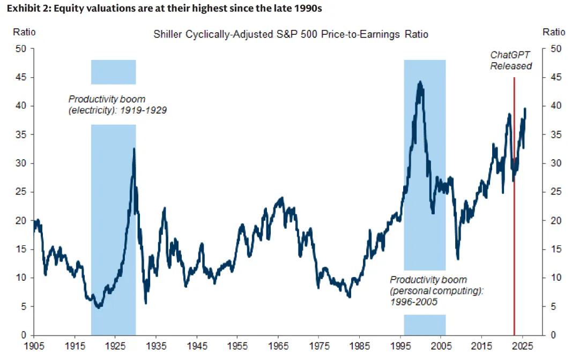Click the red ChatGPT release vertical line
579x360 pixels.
pyautogui.click(x=514, y=214)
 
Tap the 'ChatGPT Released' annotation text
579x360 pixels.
pyautogui.click(x=511, y=60)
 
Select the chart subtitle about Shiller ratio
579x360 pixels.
pyautogui.click(x=291, y=34)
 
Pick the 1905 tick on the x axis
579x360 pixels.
pyautogui.click(x=34, y=346)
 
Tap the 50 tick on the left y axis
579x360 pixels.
pyautogui.click(x=20, y=49)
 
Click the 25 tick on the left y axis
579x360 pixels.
pyautogui.click(x=20, y=192)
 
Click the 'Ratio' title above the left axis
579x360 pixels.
pyautogui.click(x=24, y=32)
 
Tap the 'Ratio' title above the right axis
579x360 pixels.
pyautogui.click(x=554, y=32)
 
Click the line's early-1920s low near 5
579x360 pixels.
pyautogui.click(x=98, y=307)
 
